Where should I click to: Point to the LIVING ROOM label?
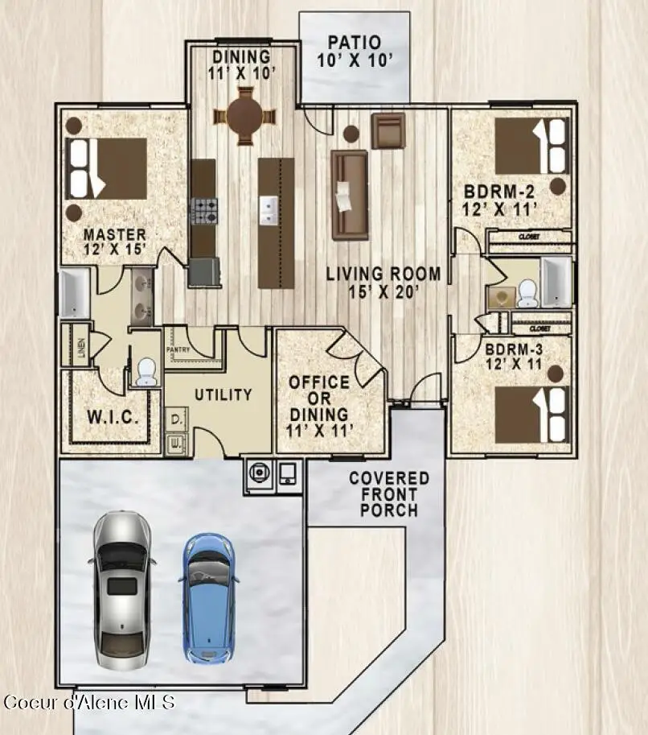pyautogui.click(x=383, y=283)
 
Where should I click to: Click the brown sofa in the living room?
pyautogui.click(x=350, y=194)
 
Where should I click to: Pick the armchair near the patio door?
pyautogui.click(x=387, y=130)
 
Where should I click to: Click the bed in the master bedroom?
pyautogui.click(x=108, y=167)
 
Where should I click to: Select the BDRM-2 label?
pyautogui.click(x=499, y=200)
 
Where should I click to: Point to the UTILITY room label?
pyautogui.click(x=223, y=394)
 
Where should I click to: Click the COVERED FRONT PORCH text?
pyautogui.click(x=389, y=494)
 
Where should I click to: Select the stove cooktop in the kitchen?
pyautogui.click(x=203, y=210)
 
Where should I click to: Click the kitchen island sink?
pyautogui.click(x=269, y=209)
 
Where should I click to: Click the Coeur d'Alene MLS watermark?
pyautogui.click(x=88, y=702)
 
